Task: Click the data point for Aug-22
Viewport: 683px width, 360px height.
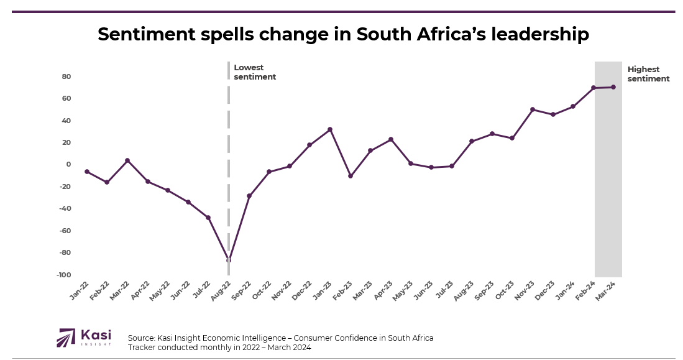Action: [x=229, y=260]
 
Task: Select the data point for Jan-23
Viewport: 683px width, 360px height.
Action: [x=330, y=129]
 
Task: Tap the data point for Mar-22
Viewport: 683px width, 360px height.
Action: [x=127, y=160]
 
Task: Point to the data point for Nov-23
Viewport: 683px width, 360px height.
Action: [x=533, y=109]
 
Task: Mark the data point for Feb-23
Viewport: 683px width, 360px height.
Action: [x=351, y=176]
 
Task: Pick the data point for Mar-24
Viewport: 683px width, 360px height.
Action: [x=613, y=87]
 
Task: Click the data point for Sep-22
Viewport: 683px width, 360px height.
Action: [x=249, y=196]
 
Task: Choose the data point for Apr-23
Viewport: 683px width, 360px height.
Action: [x=391, y=139]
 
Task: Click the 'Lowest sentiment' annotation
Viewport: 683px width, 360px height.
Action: [x=254, y=72]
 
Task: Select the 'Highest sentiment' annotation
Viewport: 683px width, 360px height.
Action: [x=648, y=74]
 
